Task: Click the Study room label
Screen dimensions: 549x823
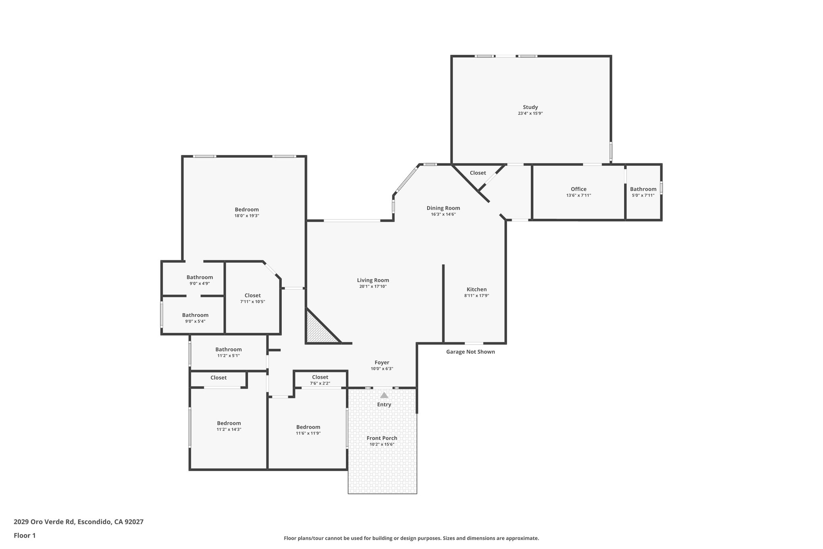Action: pos(530,107)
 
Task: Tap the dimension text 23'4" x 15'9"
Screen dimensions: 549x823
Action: pos(530,113)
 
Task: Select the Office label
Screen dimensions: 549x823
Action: pos(578,189)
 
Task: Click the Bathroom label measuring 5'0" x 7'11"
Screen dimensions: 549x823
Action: pos(643,189)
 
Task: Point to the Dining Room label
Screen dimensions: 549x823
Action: pos(443,208)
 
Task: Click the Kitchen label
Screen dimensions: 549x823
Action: pos(477,289)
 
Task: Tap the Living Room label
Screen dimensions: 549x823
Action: pos(373,280)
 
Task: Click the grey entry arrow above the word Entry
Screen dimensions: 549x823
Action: pos(384,395)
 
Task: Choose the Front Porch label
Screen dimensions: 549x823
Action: pos(382,438)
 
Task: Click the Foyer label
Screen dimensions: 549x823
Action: pos(382,362)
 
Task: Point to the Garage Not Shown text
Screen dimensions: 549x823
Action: pos(470,352)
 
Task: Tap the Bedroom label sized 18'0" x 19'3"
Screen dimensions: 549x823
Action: pos(247,210)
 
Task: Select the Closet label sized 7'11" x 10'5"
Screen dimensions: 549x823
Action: pos(252,295)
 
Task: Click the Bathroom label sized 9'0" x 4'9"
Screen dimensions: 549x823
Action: pos(199,277)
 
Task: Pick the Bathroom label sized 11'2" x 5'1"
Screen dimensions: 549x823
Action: pos(228,350)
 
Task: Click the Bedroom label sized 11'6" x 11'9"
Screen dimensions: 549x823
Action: pos(308,427)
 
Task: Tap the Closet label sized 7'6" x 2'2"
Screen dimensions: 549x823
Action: pos(320,377)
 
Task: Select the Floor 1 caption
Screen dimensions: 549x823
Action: pos(25,535)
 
